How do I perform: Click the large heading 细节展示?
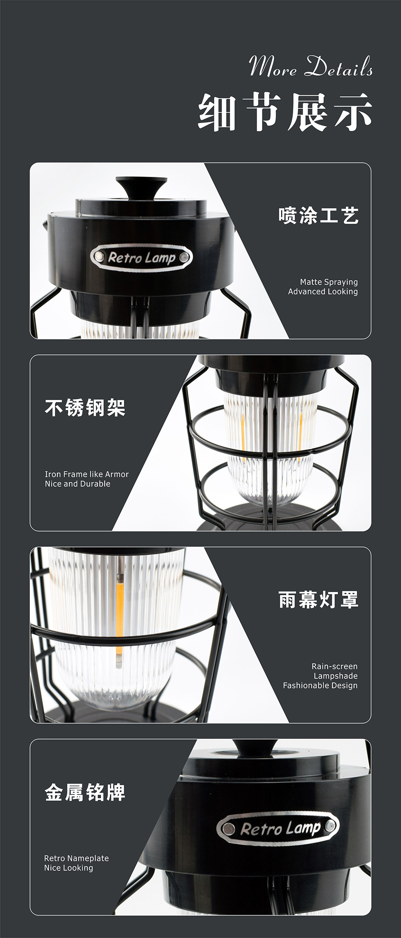285,112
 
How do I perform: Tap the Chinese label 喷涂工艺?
318,215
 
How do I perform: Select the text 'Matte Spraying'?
329,282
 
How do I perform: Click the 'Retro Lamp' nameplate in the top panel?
142,257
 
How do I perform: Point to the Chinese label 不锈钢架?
85,408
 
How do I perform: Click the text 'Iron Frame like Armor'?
87,474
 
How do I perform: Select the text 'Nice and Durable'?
77,484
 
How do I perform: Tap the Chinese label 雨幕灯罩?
318,600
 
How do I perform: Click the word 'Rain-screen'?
334,666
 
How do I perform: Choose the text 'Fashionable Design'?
320,685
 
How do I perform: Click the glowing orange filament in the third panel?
119,609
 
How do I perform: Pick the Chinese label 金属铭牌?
85,792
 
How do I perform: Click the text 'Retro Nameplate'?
76,858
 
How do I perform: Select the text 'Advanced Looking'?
323,291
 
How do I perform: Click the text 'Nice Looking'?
68,868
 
